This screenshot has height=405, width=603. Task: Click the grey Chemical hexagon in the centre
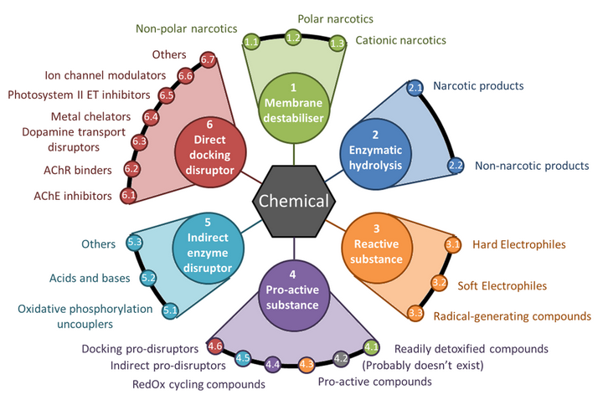(294, 201)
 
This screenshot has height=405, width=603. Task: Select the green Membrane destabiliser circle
(293, 108)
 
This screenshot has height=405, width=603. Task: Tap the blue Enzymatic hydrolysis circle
(375, 154)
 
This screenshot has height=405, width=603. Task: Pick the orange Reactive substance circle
(377, 249)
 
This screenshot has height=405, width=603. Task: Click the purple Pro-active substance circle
(292, 295)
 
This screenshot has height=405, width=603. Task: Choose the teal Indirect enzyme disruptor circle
(208, 249)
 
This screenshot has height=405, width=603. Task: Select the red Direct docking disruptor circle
(210, 151)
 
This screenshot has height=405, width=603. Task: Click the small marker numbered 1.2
(293, 38)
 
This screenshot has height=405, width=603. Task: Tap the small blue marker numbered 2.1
(415, 88)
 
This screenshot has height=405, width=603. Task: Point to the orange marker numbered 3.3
(415, 313)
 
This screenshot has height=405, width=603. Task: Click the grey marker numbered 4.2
(341, 359)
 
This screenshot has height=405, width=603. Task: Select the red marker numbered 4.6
(214, 346)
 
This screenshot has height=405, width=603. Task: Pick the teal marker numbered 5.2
(148, 278)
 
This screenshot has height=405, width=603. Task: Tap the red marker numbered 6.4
(151, 117)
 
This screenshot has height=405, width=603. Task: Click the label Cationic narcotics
(400, 40)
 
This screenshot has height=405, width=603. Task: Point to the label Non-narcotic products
(532, 166)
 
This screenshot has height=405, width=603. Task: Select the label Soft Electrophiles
(502, 286)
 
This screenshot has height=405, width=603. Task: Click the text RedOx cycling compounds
(198, 384)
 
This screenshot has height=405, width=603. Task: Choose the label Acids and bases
(90, 278)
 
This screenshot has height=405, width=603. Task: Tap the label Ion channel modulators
(105, 75)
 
